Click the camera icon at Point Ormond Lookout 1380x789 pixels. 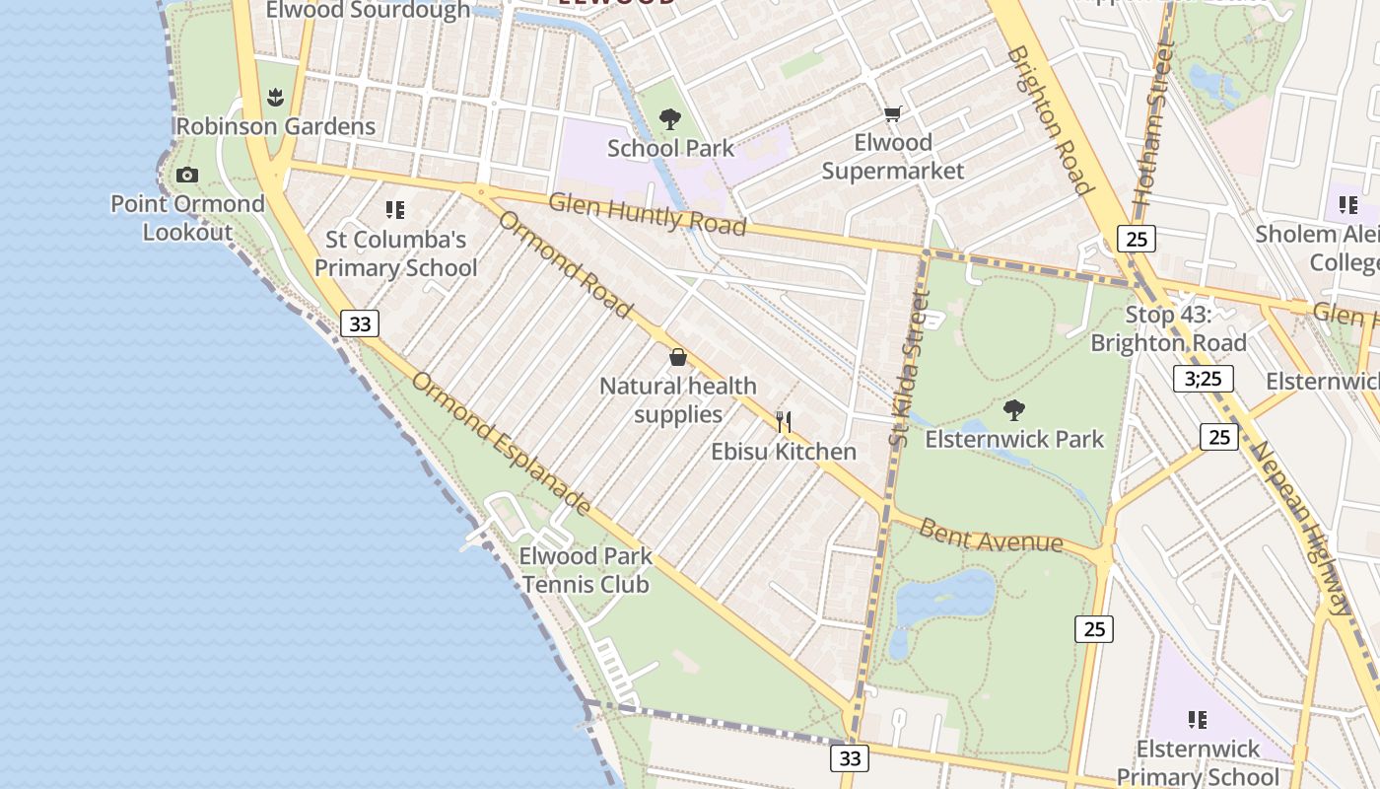[x=186, y=176]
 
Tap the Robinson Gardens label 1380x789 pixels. [x=275, y=126]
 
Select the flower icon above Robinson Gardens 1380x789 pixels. [x=275, y=97]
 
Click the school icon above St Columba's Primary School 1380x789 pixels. [x=395, y=209]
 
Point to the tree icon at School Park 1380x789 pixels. [x=670, y=119]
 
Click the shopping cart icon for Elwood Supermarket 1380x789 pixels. [x=892, y=114]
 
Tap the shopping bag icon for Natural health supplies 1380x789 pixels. [x=677, y=357]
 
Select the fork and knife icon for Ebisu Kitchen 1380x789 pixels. [x=784, y=422]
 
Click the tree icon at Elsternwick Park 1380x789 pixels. [x=1013, y=410]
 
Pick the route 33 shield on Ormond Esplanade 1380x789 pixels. [x=361, y=323]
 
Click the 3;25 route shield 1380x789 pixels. [x=1203, y=379]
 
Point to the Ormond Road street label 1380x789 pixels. [x=565, y=264]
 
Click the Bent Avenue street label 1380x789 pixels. [x=991, y=536]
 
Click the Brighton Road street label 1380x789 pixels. [x=1051, y=120]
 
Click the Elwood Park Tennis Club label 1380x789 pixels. [x=586, y=570]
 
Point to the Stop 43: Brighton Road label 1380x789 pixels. [x=1168, y=329]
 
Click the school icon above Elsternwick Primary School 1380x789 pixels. [x=1198, y=719]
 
